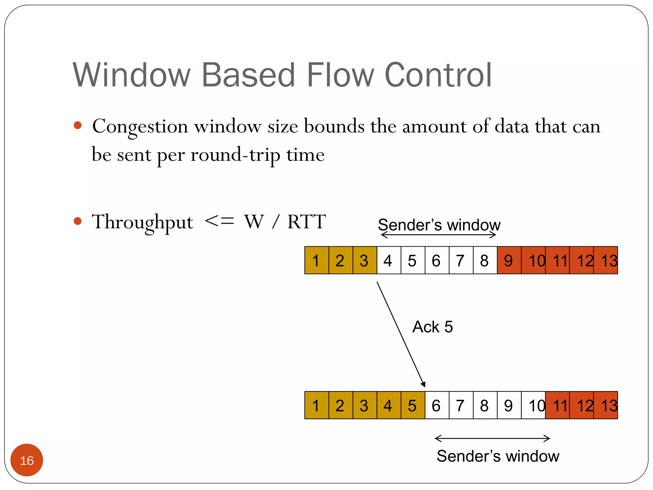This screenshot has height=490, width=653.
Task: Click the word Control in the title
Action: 438,75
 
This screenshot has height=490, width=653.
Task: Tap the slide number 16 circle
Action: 27,460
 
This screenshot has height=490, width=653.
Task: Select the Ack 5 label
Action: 432,327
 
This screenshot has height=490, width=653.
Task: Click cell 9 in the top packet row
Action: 509,260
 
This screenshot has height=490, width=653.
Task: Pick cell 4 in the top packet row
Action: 388,260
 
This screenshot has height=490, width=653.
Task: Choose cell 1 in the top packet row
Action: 316,260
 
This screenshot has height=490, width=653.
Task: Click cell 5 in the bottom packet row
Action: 413,405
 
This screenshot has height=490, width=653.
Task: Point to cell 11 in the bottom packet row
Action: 557,405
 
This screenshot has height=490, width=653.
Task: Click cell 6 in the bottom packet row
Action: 437,405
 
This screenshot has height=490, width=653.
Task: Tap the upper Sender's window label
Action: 439,225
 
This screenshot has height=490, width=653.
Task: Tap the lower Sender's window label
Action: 498,456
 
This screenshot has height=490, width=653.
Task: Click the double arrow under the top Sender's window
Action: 438,235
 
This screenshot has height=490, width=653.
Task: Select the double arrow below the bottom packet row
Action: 492,438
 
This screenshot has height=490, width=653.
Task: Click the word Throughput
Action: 142,222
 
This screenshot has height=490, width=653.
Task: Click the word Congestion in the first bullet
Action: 140,127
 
